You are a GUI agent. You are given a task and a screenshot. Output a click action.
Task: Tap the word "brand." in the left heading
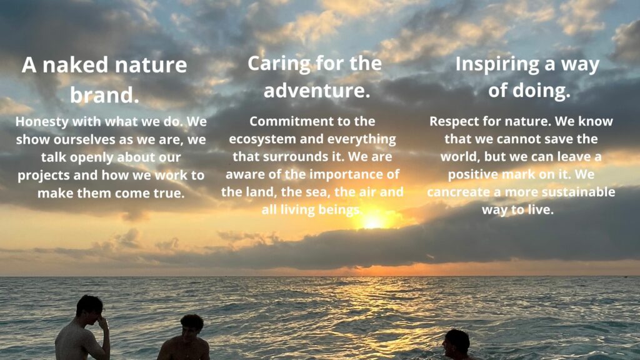coord(104,95)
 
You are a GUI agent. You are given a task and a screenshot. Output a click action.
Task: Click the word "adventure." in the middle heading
coord(317,90)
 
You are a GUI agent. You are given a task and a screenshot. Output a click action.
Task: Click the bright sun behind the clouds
coord(372,221)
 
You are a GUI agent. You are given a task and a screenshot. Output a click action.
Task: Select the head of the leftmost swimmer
coord(89,309)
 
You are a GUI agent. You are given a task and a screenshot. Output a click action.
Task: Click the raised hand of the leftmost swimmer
coord(102,322)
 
